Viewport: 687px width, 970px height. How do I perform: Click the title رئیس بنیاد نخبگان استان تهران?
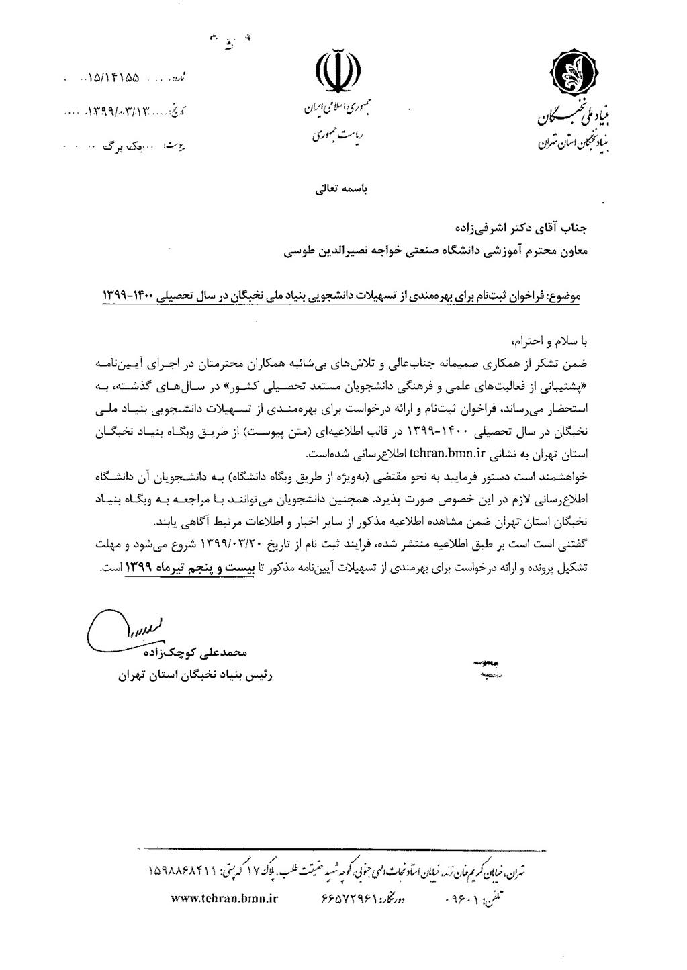click(x=195, y=677)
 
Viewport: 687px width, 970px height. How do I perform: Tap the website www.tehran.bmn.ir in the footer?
click(x=224, y=897)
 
